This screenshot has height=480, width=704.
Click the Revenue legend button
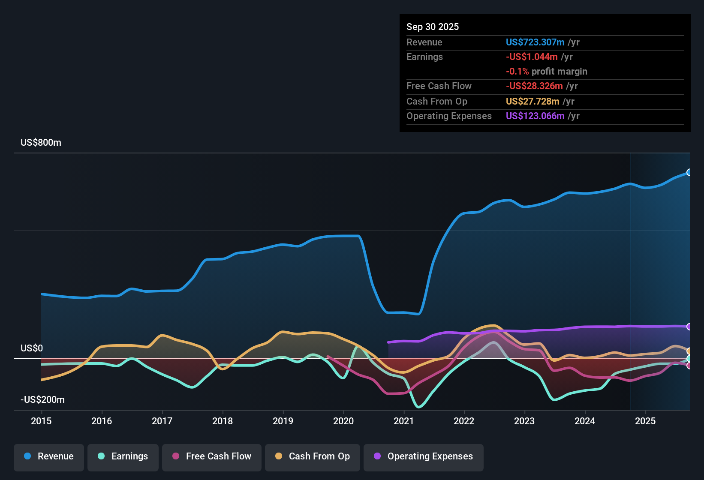click(49, 456)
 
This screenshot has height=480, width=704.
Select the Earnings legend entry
click(123, 456)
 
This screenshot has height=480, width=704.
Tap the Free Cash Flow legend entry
click(212, 456)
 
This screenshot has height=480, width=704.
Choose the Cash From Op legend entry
click(313, 456)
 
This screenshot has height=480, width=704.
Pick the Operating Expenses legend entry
click(424, 456)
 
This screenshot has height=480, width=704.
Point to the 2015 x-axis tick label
click(41, 421)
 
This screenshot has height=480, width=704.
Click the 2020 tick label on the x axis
click(343, 421)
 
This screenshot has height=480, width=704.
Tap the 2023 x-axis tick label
click(524, 421)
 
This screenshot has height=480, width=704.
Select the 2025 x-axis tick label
click(645, 421)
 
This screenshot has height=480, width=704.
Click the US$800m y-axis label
click(41, 143)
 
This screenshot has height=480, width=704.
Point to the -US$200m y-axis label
click(42, 400)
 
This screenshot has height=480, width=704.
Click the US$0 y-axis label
click(32, 348)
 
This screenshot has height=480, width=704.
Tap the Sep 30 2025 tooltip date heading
click(432, 27)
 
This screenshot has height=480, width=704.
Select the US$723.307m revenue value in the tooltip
click(535, 42)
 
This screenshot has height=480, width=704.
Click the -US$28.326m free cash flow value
click(534, 86)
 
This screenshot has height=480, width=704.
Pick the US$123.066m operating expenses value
click(535, 116)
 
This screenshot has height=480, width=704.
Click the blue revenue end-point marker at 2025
click(689, 172)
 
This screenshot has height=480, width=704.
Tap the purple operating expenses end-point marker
click(689, 327)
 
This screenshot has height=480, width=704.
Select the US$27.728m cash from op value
click(532, 102)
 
